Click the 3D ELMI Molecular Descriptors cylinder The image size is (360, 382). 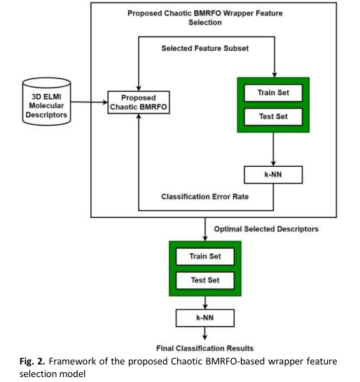coord(46,102)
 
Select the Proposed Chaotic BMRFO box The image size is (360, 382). coord(139,102)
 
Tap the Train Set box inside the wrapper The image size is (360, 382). coord(273,93)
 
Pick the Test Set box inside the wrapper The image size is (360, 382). coord(273,116)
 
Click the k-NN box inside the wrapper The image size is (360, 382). coord(273,175)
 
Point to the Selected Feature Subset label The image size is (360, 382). coord(205,48)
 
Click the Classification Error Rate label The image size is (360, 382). coord(205,196)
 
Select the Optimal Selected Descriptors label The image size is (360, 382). coord(266,229)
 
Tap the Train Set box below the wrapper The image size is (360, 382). coord(205,257)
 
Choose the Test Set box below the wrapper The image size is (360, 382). coord(205,280)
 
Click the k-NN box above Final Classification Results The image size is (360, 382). coord(205,318)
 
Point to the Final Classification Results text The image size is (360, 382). coord(205,348)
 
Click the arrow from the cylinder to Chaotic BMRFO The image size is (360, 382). coord(89,102)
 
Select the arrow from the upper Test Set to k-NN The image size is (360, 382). coord(273,149)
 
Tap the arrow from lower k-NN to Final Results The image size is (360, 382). coord(205,333)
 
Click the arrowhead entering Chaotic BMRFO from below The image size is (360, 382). coord(139,116)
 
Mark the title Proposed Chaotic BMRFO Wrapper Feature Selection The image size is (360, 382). coord(205,18)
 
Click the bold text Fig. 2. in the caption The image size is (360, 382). coord(32,361)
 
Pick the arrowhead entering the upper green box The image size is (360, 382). coord(275,74)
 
